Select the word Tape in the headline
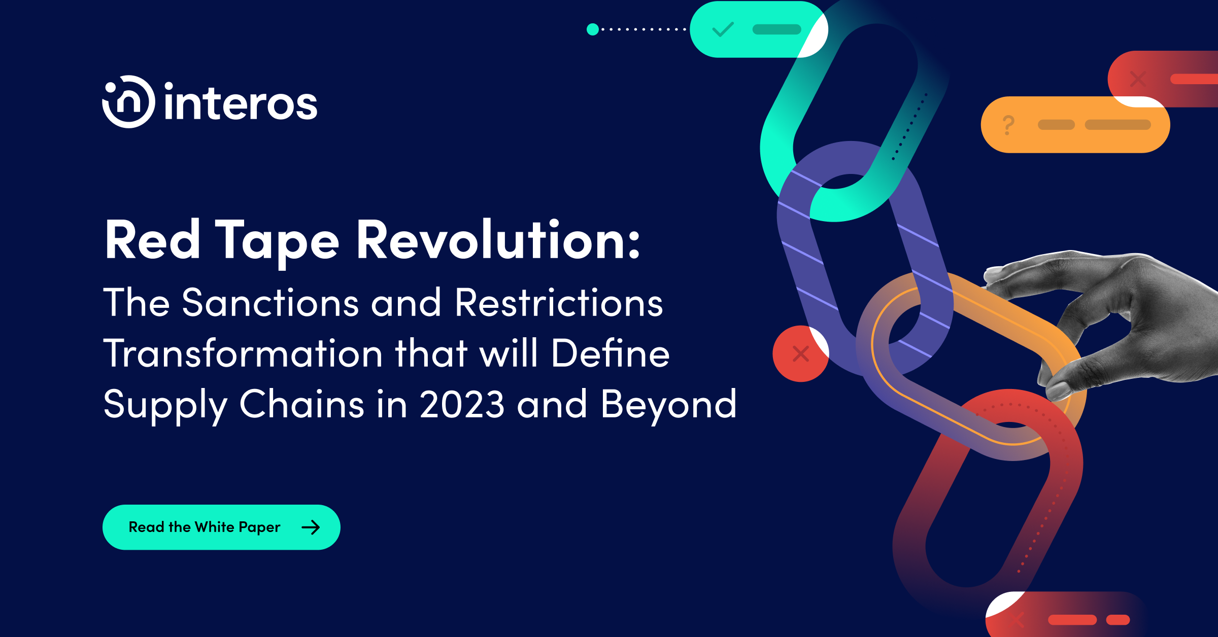pyautogui.click(x=277, y=243)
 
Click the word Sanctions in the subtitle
pyautogui.click(x=270, y=303)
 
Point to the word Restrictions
pyautogui.click(x=559, y=303)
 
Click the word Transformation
pyautogui.click(x=243, y=353)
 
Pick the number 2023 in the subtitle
pyautogui.click(x=462, y=405)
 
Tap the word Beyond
pyautogui.click(x=668, y=405)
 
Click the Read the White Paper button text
pyautogui.click(x=205, y=527)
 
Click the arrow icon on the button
pyautogui.click(x=311, y=527)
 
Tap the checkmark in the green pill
pyautogui.click(x=723, y=29)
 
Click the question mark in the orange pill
pyautogui.click(x=1008, y=125)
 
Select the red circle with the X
pyautogui.click(x=800, y=353)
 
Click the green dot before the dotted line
pyautogui.click(x=592, y=29)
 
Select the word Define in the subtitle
pyautogui.click(x=610, y=353)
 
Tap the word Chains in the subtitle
pyautogui.click(x=301, y=404)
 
